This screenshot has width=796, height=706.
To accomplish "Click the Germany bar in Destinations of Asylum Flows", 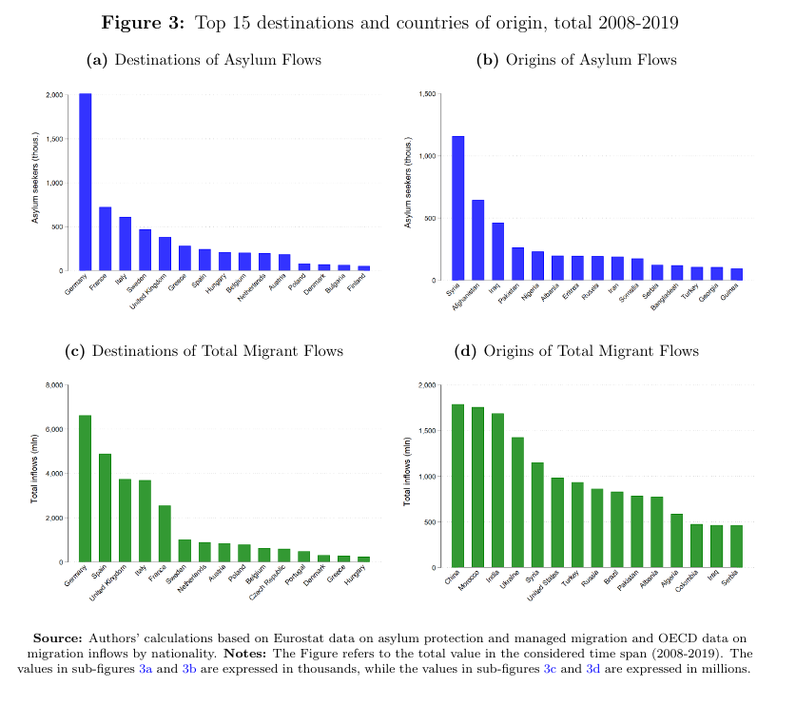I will click(x=86, y=183).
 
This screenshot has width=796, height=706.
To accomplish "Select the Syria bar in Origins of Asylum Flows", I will click(x=458, y=208).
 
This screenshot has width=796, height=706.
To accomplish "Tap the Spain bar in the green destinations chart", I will click(x=106, y=508).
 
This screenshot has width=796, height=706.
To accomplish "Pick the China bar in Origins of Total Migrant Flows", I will click(x=458, y=485).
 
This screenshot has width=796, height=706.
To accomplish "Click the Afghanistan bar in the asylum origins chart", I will click(x=478, y=240).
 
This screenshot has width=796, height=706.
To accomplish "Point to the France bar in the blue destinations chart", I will click(x=106, y=239).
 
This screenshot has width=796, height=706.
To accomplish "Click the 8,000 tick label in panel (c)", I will click(x=53, y=385).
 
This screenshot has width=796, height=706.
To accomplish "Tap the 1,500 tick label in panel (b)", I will click(x=427, y=94).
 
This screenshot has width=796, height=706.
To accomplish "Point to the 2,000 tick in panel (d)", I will click(x=427, y=385).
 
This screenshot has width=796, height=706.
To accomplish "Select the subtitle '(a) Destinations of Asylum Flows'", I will click(x=204, y=60).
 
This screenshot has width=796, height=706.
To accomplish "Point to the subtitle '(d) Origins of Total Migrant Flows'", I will click(x=577, y=351).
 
